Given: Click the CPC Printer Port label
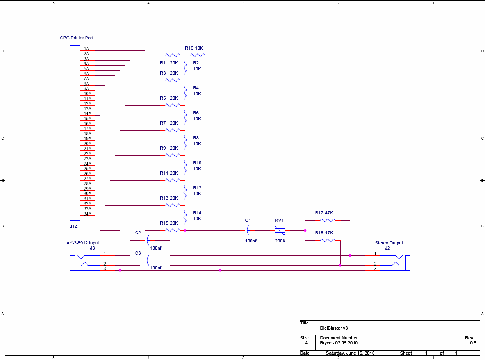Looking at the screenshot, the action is click(x=77, y=38).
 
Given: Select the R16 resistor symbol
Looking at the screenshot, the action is click(x=198, y=55).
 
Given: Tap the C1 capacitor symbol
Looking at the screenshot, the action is click(x=247, y=230).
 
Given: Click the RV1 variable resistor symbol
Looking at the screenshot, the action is click(x=280, y=230).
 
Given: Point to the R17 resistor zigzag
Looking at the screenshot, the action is click(x=327, y=220).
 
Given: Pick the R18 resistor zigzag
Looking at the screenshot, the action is click(x=327, y=240).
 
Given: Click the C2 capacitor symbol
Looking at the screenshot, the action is click(x=147, y=240).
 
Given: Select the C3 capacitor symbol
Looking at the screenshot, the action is click(x=147, y=260).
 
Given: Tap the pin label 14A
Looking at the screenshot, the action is click(x=87, y=114).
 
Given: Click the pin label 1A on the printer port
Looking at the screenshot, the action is click(x=86, y=48).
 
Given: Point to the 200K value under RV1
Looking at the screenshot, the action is click(x=280, y=241).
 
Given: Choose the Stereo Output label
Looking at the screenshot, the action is click(x=389, y=243).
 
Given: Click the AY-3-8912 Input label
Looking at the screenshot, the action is click(x=83, y=243).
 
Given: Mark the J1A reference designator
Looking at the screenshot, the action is click(x=74, y=227).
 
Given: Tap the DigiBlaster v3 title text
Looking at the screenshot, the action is click(x=334, y=328).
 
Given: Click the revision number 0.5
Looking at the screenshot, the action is click(x=473, y=343).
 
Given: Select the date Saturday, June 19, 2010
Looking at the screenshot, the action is click(x=350, y=353).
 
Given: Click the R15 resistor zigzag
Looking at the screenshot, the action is click(x=173, y=230).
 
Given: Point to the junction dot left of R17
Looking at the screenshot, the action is click(x=305, y=230).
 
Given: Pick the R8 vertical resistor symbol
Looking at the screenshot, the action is click(x=185, y=143).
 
